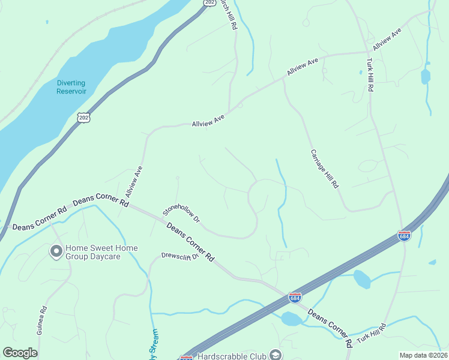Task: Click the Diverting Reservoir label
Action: (x=71, y=87)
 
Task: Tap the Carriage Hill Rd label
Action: (x=325, y=169)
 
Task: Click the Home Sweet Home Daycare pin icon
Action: (x=56, y=251)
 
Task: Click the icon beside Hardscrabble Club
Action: (x=276, y=355)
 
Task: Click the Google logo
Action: (x=20, y=353)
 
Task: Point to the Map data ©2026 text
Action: (x=423, y=355)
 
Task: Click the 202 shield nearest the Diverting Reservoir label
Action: (x=83, y=117)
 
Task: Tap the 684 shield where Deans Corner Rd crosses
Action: (x=295, y=297)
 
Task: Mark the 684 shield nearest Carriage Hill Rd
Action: (x=404, y=236)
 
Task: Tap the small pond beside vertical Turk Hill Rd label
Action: (x=426, y=76)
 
